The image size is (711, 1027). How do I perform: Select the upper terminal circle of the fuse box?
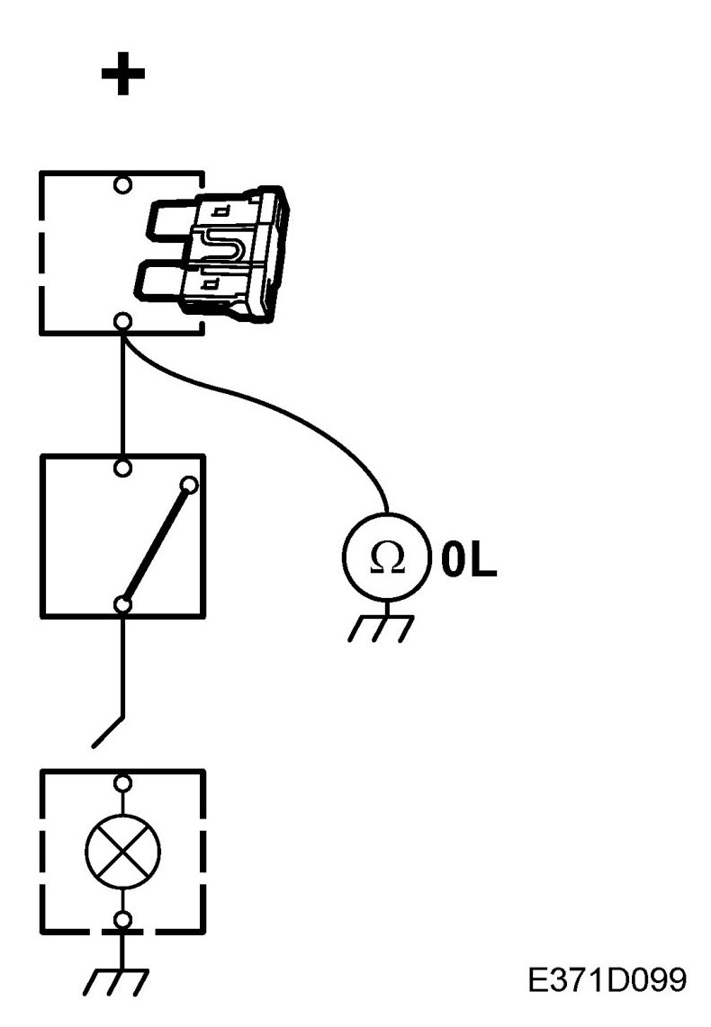click(x=123, y=185)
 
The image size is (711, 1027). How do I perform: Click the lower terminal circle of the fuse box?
click(x=123, y=321)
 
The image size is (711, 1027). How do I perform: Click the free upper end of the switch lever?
click(x=189, y=487)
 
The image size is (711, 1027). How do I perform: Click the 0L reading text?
click(x=469, y=559)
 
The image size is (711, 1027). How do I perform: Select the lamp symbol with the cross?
click(x=123, y=852)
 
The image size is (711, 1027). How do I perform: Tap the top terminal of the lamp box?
click(x=123, y=783)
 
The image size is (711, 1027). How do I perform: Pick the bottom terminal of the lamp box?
click(x=123, y=919)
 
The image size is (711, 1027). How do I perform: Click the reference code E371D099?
click(x=607, y=979)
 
